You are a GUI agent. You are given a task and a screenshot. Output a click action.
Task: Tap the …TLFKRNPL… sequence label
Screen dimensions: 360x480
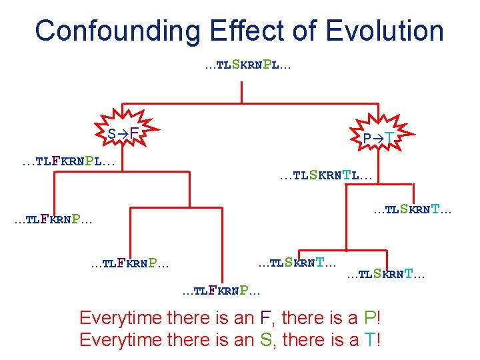tap(68, 161)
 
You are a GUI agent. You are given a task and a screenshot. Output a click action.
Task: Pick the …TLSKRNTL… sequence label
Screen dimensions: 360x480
tap(326, 176)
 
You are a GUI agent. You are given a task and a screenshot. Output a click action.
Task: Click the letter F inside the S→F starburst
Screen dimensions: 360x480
tap(134, 134)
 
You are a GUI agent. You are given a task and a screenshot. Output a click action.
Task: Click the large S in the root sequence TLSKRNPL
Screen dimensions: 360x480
tap(235, 65)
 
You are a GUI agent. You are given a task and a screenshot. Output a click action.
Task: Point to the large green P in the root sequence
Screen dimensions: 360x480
tap(267, 65)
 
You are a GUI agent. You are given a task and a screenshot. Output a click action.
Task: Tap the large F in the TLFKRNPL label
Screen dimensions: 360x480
tap(56, 161)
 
